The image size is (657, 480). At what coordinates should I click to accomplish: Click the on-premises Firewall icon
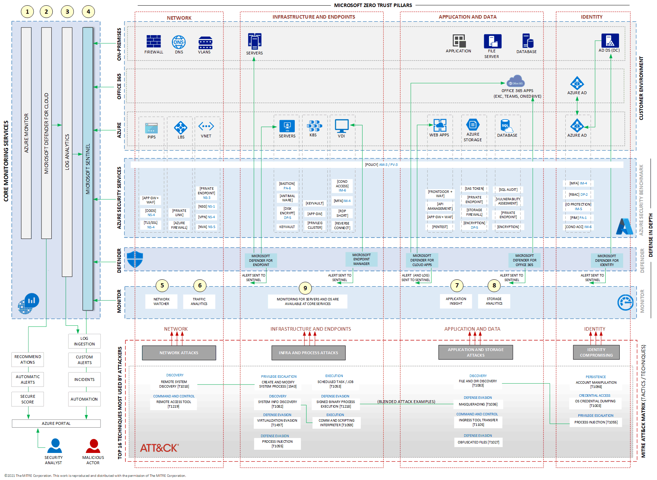[x=154, y=41]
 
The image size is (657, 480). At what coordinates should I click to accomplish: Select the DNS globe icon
[x=179, y=42]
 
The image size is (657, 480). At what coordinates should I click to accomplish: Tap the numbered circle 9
[x=305, y=288]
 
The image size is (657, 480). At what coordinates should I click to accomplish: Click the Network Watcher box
[x=161, y=301]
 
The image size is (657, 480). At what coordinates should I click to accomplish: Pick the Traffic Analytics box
[x=199, y=301]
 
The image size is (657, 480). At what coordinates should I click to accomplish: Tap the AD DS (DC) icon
[x=610, y=41]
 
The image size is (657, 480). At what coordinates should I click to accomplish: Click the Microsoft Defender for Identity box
[x=607, y=260]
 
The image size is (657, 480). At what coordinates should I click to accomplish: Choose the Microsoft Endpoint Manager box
[x=361, y=259]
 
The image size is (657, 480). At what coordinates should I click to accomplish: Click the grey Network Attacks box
[x=179, y=353]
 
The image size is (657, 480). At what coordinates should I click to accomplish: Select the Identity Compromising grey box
[x=596, y=352]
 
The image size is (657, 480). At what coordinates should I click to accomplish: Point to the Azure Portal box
[x=56, y=423]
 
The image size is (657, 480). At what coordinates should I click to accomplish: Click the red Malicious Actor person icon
[x=93, y=446]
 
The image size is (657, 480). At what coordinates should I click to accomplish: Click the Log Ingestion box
[x=84, y=341]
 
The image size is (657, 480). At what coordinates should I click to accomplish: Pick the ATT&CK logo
[x=159, y=448]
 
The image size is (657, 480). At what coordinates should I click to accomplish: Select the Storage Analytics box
[x=494, y=301]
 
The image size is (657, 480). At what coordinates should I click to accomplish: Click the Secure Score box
[x=28, y=399]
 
